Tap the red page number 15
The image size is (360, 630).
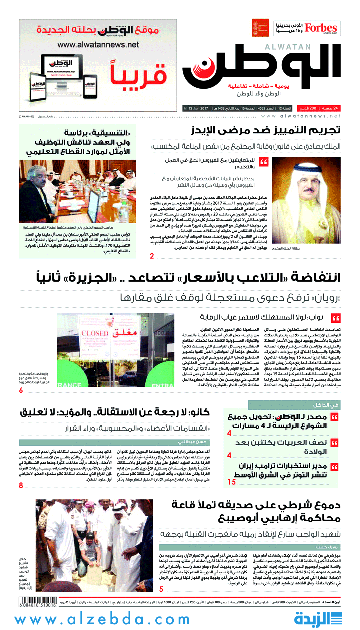[x=232, y=482]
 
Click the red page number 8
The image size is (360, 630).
[x=21, y=485]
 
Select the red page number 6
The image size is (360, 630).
[x=21, y=390]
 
